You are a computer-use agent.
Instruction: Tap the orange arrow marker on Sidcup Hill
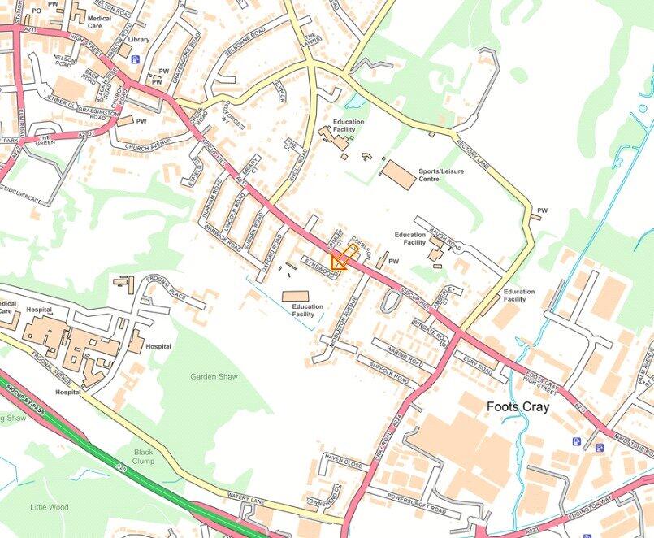339,261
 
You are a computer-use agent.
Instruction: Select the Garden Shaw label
212,377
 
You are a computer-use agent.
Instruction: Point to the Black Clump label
143,457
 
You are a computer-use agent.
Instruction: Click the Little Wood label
50,507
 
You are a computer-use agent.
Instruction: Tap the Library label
138,39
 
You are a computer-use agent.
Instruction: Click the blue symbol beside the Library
136,59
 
